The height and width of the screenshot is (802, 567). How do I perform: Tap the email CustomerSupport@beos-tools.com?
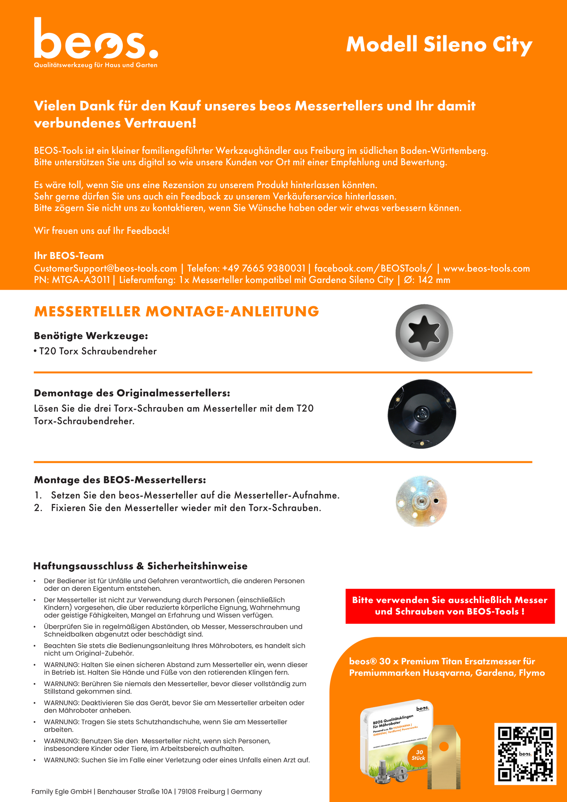[106, 269]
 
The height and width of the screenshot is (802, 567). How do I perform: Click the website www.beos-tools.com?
[487, 269]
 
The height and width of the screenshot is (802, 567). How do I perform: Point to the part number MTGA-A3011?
[81, 280]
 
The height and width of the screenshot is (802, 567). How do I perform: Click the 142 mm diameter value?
[434, 280]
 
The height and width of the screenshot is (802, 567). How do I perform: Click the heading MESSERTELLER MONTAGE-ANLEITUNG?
[177, 311]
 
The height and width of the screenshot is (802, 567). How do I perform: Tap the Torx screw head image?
[424, 332]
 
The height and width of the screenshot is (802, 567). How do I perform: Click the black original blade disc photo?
[422, 414]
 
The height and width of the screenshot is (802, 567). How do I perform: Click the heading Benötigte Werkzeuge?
[91, 336]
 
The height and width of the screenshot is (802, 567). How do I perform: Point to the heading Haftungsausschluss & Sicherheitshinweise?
[140, 566]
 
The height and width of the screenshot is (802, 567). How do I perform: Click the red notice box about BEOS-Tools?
[450, 606]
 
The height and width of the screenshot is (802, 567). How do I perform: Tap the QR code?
[525, 754]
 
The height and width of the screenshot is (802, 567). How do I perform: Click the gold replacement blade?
[444, 756]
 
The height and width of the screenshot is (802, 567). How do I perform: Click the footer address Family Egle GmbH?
[146, 791]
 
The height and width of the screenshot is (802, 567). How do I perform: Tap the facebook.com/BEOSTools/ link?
[373, 269]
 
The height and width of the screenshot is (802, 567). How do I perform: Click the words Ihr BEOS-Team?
[69, 256]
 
